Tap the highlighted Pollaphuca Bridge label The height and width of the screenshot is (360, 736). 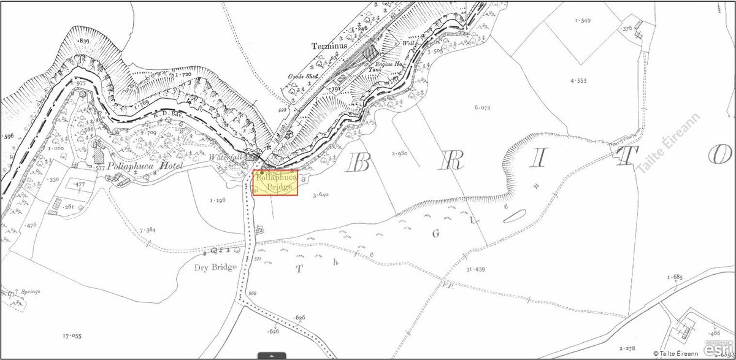pos(276,183)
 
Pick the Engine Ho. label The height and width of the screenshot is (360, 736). pos(388,64)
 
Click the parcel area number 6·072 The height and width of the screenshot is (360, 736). pos(483,107)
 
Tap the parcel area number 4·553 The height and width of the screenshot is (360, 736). pos(578,81)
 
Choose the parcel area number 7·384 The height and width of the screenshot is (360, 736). pos(150,230)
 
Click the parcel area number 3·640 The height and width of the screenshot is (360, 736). pos(320,195)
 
